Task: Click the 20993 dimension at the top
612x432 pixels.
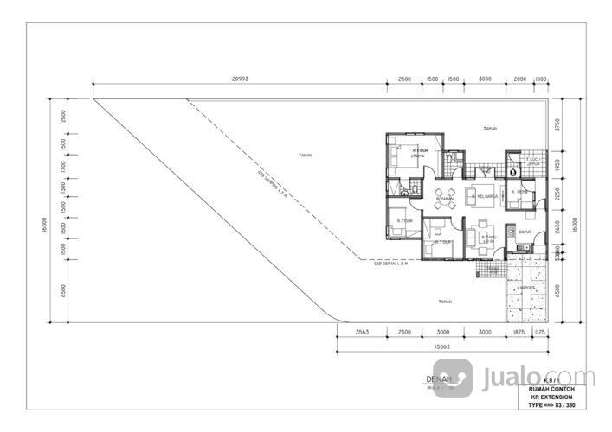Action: pos(239,79)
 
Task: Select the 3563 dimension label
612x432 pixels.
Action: pos(363,331)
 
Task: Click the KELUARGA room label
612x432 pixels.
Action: pos(486,197)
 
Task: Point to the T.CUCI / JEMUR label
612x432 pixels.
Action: pos(535,161)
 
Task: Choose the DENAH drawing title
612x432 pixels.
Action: pos(441,379)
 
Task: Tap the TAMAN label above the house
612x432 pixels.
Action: pos(490,128)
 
